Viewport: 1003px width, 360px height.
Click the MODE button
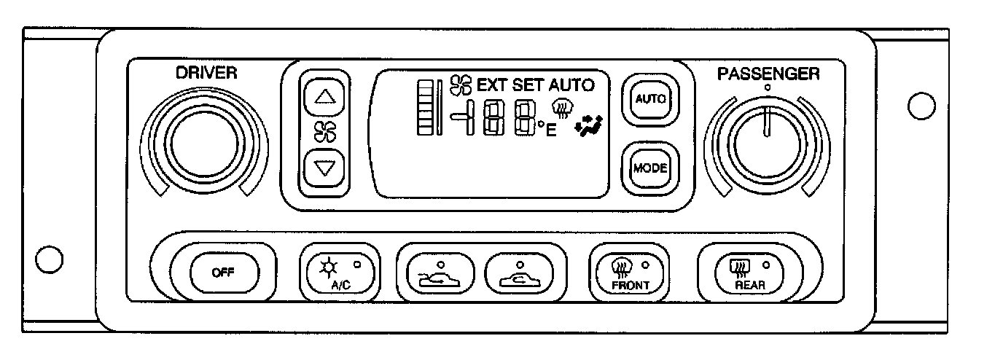(x=649, y=168)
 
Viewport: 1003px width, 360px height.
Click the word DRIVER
(x=206, y=73)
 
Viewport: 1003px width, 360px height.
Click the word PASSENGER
(x=768, y=74)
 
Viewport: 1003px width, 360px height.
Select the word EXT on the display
(x=493, y=85)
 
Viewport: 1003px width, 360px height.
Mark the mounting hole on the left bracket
(x=49, y=259)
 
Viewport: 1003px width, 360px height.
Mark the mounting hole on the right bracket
(x=922, y=106)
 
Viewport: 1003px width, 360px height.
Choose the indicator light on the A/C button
(x=357, y=264)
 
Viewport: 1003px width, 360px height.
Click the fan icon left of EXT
(x=461, y=85)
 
